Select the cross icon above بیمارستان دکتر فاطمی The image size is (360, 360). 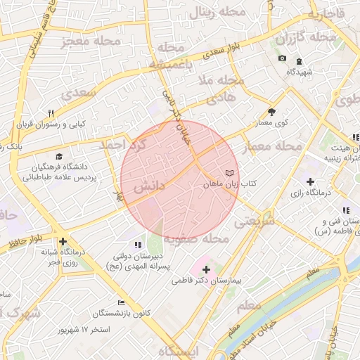(205, 269)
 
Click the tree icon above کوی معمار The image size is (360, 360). (272, 111)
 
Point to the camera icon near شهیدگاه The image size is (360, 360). (282, 58)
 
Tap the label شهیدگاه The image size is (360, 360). (300, 71)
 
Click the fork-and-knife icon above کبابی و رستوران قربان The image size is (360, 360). (51, 112)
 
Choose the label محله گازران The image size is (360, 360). (307, 36)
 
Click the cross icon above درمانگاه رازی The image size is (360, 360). (310, 182)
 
